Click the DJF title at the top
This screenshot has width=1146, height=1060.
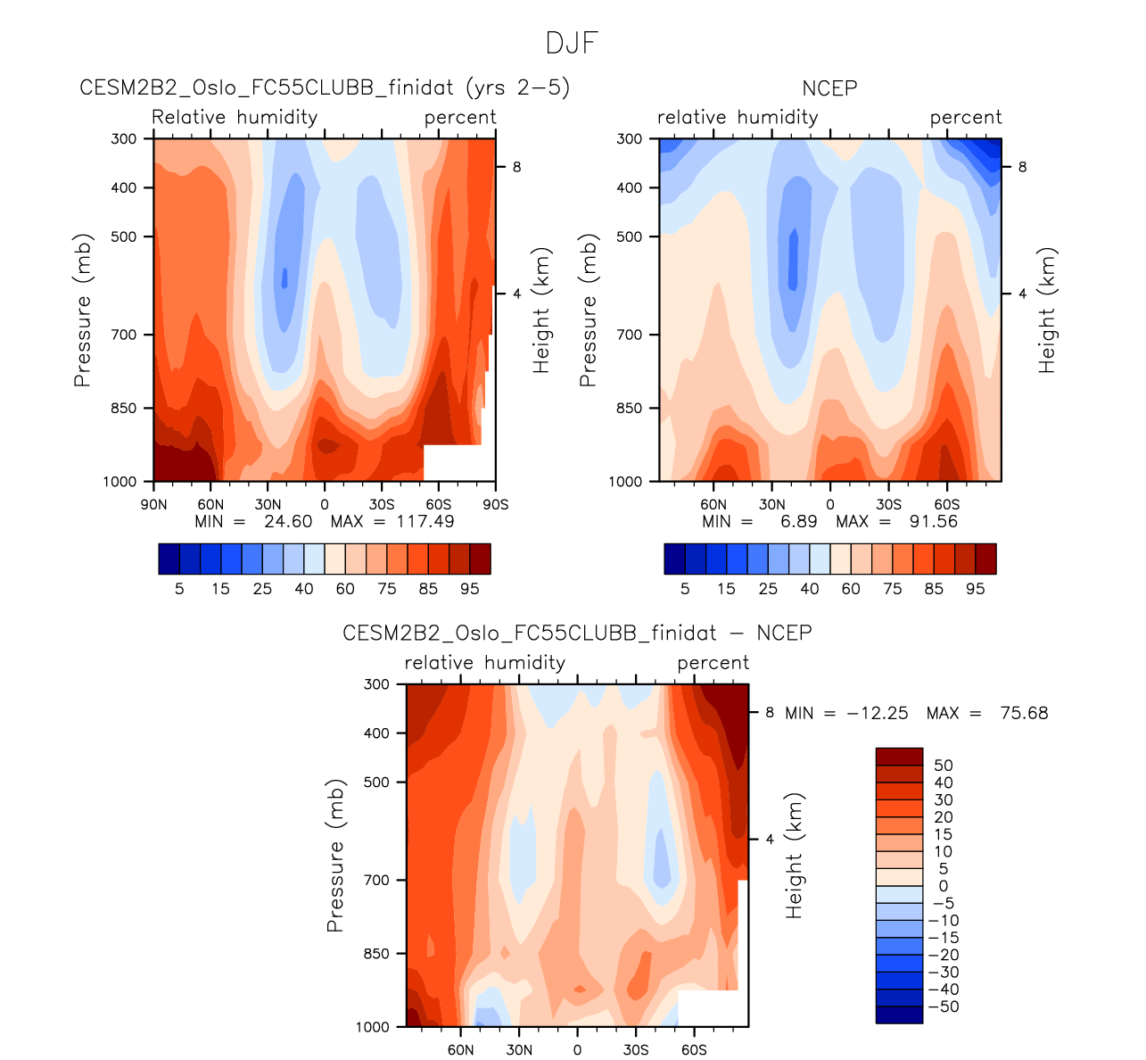572,43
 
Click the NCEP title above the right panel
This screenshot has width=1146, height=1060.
829,88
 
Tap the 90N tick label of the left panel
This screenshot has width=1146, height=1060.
153,504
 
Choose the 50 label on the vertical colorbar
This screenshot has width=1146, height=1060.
943,766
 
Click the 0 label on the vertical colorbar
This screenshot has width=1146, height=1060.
944,886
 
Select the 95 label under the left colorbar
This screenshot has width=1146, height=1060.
470,589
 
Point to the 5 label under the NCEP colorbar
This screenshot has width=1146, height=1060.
685,589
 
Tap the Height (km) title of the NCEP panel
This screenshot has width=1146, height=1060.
1047,310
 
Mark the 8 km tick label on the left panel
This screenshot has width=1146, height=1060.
515,167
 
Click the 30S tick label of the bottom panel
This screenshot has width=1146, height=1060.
635,1049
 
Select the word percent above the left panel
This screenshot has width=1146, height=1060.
460,118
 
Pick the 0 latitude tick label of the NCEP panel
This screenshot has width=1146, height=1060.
829,504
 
